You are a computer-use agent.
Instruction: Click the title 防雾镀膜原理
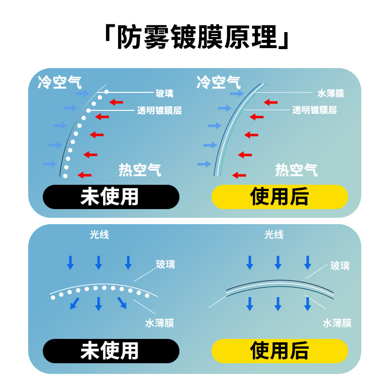coord(194,37)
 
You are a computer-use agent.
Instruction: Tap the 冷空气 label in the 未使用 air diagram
coord(59,82)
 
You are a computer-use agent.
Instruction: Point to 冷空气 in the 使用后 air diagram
coord(218,82)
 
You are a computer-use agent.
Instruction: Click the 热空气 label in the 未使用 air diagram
coord(140,170)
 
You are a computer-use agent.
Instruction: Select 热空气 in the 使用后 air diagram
coord(297,170)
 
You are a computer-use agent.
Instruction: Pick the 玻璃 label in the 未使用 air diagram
coord(164,93)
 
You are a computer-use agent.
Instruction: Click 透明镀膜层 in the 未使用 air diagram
coord(159,110)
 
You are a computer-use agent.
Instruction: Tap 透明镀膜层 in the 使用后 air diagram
coord(315,110)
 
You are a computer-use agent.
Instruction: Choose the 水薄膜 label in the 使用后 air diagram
coord(331,93)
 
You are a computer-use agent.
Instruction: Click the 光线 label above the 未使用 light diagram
coord(99,235)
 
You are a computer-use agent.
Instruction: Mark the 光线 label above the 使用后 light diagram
coord(274,235)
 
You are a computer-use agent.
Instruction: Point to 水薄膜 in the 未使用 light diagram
coord(159,323)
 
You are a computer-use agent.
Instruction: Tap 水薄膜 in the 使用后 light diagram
coord(336,323)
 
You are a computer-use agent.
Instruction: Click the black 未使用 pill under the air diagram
coord(111,197)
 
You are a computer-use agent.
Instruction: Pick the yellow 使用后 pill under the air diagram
coord(280,197)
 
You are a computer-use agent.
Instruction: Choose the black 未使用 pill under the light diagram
coord(111,351)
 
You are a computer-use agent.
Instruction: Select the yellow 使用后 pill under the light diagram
coord(280,351)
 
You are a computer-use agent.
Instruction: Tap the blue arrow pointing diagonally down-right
coord(122,302)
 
